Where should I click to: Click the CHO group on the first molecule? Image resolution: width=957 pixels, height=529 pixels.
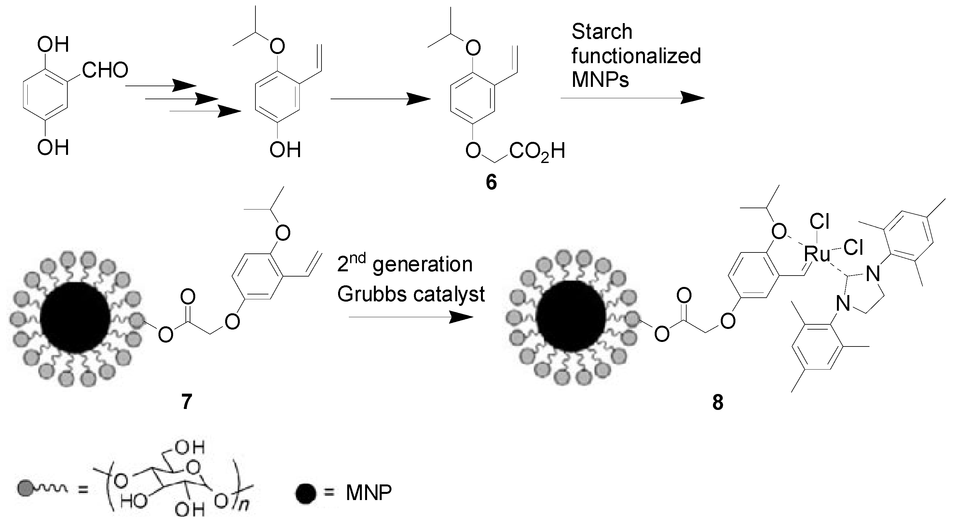[x=105, y=70]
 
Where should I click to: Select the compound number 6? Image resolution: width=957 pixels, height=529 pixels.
[x=491, y=183]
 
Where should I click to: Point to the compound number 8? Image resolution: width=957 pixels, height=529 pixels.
[x=718, y=403]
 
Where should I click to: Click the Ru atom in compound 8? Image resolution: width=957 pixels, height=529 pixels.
[x=816, y=254]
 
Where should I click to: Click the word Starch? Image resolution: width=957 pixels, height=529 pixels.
[x=602, y=32]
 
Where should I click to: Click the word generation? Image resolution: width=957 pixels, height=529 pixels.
[x=422, y=264]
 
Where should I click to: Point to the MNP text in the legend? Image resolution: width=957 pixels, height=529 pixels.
[x=369, y=493]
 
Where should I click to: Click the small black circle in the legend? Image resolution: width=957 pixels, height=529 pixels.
[x=306, y=494]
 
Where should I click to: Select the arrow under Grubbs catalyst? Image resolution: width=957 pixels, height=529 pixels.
[x=411, y=317]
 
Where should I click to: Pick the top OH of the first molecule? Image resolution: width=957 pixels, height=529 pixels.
[x=53, y=45]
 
